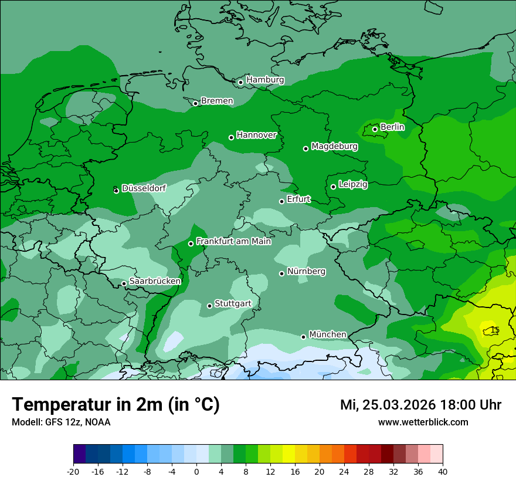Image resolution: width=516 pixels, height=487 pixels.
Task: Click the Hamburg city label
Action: [265, 80]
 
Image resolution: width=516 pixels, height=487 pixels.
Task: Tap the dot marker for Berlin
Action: [375, 129]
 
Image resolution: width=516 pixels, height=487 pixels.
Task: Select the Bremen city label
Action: [217, 101]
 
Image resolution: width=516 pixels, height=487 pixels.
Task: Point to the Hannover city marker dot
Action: [231, 137]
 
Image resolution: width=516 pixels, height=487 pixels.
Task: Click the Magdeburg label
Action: [334, 146]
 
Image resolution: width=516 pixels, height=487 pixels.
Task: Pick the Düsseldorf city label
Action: [144, 188]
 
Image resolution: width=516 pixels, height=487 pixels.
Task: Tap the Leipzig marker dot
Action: [333, 187]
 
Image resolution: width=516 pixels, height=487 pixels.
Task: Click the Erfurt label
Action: [298, 199]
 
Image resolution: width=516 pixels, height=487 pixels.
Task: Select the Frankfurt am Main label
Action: [233, 241]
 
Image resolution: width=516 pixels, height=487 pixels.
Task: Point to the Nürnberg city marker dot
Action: [281, 273]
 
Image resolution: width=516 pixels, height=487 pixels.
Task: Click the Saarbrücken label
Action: [155, 281]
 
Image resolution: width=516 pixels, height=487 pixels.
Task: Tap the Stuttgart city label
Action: [233, 303]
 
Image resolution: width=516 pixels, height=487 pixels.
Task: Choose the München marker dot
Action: [303, 337]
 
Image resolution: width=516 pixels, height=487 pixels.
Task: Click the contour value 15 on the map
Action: [495, 330]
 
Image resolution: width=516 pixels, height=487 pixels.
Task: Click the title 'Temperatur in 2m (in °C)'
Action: [116, 405]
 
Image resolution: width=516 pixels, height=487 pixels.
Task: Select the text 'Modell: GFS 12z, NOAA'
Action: [61, 422]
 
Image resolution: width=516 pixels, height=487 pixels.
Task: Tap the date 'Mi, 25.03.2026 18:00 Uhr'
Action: [420, 405]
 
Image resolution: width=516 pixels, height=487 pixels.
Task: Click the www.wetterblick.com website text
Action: [423, 422]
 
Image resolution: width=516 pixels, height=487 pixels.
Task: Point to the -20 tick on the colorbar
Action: [73, 472]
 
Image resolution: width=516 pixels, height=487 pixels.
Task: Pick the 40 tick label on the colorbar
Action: [442, 472]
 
